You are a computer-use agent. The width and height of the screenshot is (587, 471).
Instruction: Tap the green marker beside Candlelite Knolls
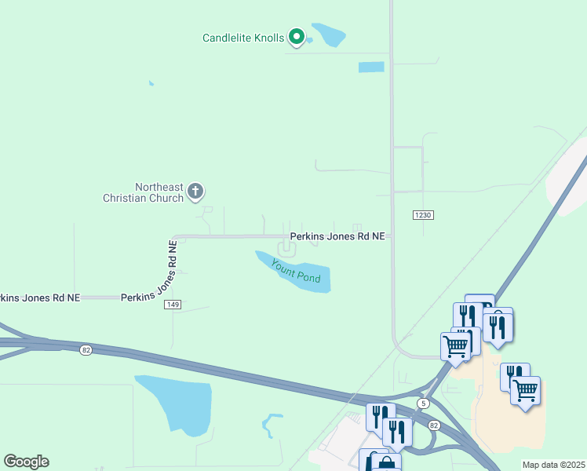point(297,36)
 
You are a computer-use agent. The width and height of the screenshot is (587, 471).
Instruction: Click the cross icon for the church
point(195,191)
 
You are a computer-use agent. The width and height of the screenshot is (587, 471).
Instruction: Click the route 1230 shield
point(422,215)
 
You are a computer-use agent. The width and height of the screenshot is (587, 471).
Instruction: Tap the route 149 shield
point(173,305)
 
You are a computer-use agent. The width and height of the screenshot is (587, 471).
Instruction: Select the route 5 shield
point(424,403)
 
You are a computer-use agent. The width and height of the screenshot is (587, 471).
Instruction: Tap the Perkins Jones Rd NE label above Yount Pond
point(337,235)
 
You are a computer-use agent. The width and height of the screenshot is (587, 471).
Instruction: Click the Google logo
point(26,462)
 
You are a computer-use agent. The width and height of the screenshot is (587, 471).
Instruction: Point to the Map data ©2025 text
point(553,465)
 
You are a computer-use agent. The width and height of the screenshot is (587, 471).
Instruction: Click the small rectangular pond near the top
point(371,67)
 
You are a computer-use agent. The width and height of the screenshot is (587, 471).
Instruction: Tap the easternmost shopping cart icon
point(525,389)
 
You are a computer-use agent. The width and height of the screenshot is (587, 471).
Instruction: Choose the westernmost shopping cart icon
point(455,345)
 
